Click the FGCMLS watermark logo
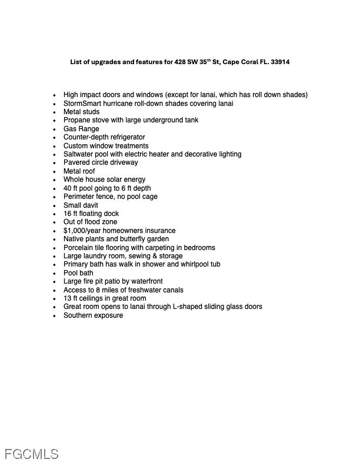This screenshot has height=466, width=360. [x=32, y=454]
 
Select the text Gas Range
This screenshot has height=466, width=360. [x=81, y=129]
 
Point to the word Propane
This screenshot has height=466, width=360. [x=76, y=120]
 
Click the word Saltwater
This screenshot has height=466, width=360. [x=79, y=154]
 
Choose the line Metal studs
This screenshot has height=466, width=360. [x=81, y=112]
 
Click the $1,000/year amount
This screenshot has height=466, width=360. [x=84, y=231]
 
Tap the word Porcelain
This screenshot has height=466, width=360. [x=79, y=248]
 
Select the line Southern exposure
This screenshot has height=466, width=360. [x=93, y=315]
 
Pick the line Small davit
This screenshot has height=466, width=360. [x=81, y=205]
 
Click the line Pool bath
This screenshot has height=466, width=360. [x=78, y=273]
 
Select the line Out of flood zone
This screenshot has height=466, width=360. [x=90, y=222]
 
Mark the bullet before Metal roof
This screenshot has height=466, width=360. [x=54, y=172]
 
